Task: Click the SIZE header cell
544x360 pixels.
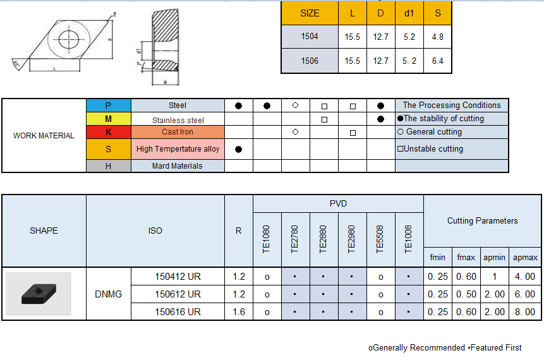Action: coord(310,13)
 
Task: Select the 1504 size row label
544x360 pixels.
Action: coord(310,37)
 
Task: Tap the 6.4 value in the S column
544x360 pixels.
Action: coord(437,61)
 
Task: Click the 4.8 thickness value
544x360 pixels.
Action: coord(437,37)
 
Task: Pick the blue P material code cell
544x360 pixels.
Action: coord(109,105)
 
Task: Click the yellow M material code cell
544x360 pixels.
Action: coord(109,119)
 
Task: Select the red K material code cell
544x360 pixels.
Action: coord(109,132)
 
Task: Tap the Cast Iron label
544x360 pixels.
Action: coord(178,132)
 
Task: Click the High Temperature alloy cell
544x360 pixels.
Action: coord(178,149)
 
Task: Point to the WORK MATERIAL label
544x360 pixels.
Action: coord(44,135)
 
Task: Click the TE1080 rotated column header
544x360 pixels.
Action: coord(267,239)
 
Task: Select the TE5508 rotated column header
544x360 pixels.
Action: coord(380,239)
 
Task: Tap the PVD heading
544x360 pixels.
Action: coord(338,203)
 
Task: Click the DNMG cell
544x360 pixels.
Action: coord(108,294)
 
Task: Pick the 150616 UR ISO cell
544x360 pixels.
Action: coord(178,311)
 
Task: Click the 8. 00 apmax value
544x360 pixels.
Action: coord(525,311)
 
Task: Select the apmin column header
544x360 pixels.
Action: coord(494,258)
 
